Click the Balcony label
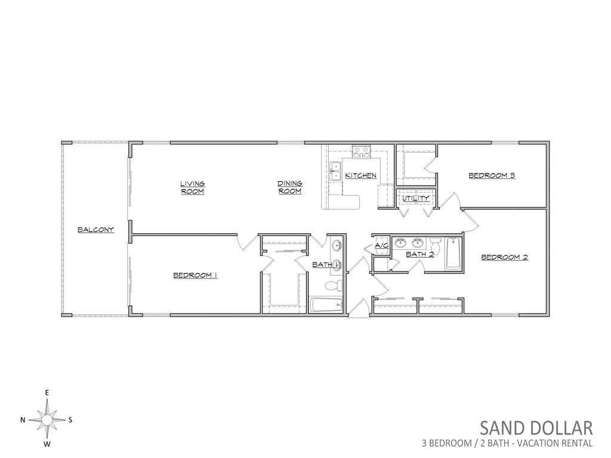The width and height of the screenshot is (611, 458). point(96,230)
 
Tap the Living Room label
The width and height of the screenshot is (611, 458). point(193,187)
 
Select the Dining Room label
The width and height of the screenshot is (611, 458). point(290,187)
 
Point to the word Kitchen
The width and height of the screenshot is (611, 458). point(361,176)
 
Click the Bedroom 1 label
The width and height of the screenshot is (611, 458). point(195,276)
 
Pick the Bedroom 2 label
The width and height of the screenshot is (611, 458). point(505,257)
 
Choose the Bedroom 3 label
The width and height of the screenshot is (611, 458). point(492,175)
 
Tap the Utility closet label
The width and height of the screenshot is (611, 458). point(416,198)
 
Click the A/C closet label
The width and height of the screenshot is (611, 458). point(382,246)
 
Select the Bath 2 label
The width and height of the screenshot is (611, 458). point(420,254)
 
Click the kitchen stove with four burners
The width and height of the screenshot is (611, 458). point(361,152)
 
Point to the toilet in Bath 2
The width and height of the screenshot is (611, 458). point(435,245)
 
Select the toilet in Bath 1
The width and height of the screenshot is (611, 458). point(333,286)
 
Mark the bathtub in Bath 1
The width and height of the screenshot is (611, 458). point(326,305)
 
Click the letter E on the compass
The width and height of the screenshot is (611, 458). point(47,392)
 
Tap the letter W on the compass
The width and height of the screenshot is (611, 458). point(47,444)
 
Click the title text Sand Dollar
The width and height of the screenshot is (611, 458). point(536,428)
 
